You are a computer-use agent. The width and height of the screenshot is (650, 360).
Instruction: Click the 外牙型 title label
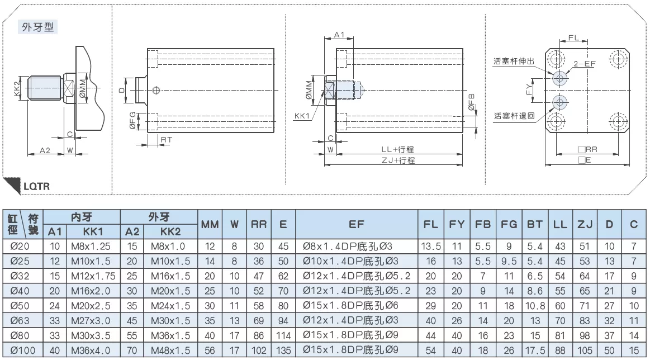[x=37, y=27]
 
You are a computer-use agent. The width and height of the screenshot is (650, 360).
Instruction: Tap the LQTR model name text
[x=36, y=186]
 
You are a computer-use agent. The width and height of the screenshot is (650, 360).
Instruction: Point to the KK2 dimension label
[x=17, y=88]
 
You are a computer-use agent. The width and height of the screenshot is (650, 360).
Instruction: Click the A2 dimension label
[x=45, y=150]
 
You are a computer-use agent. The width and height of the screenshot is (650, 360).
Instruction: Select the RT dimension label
[x=166, y=140]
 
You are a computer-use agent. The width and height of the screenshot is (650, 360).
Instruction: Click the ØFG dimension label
[x=132, y=120]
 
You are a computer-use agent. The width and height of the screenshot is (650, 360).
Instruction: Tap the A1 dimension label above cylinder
[x=339, y=35]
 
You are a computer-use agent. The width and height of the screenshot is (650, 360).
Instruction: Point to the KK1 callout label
[x=302, y=116]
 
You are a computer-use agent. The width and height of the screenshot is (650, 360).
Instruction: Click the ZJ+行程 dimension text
[x=398, y=160]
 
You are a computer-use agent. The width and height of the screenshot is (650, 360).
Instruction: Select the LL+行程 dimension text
[x=397, y=149]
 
